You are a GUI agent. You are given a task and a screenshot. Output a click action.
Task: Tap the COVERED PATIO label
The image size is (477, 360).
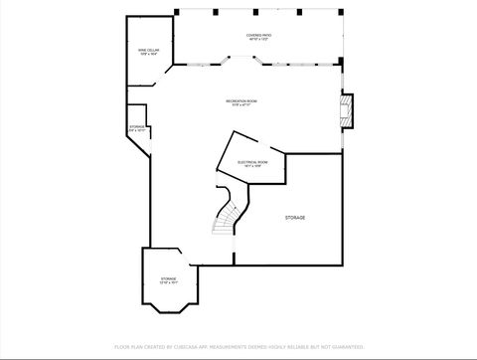tap(259, 35)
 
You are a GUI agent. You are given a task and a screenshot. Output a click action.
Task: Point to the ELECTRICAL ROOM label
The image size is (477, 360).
tap(251, 161)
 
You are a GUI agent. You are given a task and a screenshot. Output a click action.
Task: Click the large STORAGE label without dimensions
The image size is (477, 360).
tap(295, 217)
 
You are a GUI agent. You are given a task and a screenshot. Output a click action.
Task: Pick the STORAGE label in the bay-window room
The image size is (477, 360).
tap(169, 278)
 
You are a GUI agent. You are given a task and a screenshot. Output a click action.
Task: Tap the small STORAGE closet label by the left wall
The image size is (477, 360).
tap(137, 127)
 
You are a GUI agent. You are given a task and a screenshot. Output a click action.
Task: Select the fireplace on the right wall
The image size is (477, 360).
tap(346, 110)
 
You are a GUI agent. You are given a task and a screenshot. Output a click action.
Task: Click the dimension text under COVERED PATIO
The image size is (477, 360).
tap(259, 40)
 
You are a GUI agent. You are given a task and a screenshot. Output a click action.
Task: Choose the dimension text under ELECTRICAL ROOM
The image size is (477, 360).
tap(251, 166)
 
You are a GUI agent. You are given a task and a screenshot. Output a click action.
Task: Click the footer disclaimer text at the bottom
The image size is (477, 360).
tap(238, 347)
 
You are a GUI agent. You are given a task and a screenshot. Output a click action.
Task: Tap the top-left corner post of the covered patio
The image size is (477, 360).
tap(177, 12)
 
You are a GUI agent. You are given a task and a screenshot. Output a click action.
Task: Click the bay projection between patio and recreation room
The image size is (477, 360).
tap(243, 60)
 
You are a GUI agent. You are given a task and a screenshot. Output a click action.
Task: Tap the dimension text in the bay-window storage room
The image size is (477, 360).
tap(169, 283)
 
